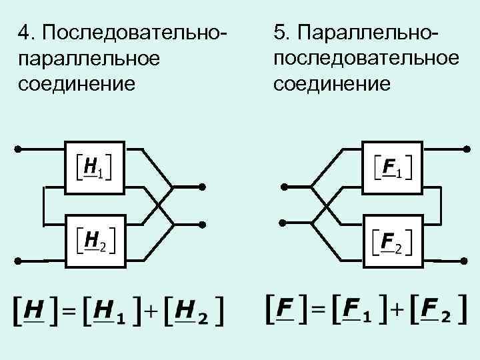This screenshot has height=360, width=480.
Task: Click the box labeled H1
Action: (x=95, y=168)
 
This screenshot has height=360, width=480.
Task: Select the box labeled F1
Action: (x=392, y=168)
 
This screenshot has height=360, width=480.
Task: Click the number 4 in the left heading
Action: (x=26, y=33)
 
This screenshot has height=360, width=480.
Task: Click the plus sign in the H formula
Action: (x=153, y=310)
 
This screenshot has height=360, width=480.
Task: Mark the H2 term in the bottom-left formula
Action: (x=193, y=310)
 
